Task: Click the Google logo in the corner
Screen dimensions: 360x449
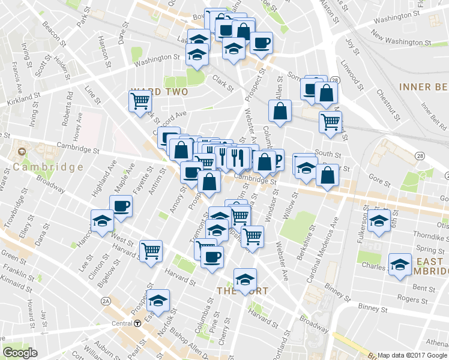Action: coord(20,353)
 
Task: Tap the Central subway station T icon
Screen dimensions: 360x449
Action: coord(137,323)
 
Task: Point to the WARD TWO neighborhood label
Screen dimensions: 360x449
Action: coord(159,92)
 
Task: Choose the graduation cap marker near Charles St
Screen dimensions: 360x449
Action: coord(399,264)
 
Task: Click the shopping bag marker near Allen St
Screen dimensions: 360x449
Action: coord(280,110)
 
